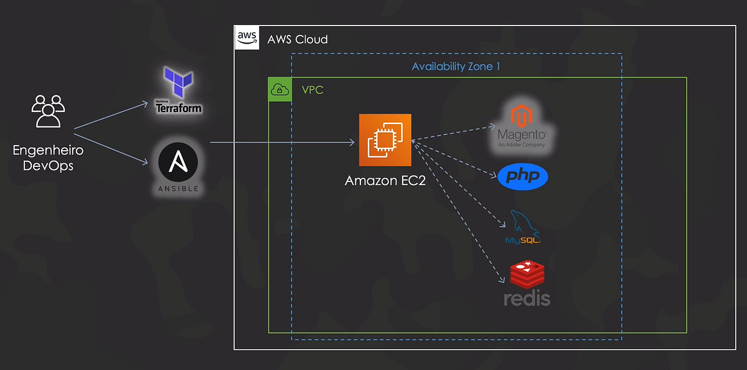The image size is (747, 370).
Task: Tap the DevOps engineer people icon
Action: tap(48, 111)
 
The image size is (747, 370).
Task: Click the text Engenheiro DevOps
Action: tap(48, 158)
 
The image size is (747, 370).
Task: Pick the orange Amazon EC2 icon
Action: tap(385, 140)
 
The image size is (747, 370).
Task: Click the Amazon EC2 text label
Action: tap(385, 181)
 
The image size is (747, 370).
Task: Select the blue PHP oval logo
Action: tap(523, 176)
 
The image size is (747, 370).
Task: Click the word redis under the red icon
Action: tap(527, 298)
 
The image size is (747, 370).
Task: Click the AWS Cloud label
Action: tap(297, 39)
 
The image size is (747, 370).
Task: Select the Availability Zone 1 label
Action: tap(456, 66)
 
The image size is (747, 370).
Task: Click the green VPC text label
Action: tap(312, 90)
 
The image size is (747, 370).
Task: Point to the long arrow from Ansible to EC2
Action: tap(280, 143)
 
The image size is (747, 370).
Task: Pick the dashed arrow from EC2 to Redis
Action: tap(461, 212)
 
